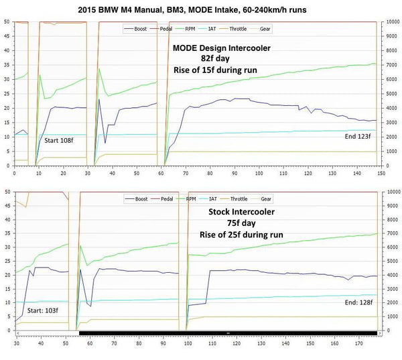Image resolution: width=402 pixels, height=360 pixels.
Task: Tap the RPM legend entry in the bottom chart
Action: pos(190,199)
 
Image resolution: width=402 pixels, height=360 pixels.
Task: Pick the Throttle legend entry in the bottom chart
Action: pos(238,199)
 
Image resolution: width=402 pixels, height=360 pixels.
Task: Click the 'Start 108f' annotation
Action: pos(58,141)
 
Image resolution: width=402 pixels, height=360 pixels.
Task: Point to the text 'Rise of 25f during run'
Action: pos(241,235)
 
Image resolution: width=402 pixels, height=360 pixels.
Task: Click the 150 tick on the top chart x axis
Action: pos(381,173)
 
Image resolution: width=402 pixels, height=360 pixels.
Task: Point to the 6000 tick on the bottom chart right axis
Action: pos(391,247)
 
